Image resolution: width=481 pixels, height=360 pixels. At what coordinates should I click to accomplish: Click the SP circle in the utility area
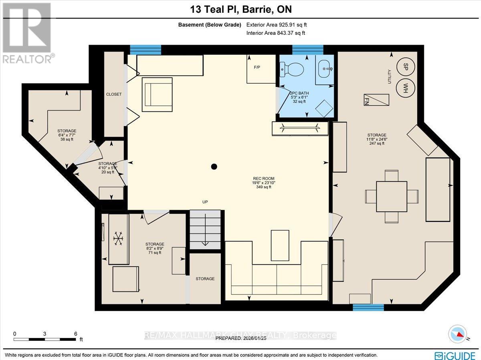[405, 66]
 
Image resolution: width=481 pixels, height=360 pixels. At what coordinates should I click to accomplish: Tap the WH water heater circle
[405, 87]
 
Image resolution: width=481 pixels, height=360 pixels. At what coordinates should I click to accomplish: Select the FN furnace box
[376, 100]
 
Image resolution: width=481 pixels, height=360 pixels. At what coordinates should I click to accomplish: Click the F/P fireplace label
[257, 67]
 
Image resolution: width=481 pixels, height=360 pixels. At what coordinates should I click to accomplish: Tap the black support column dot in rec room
[214, 167]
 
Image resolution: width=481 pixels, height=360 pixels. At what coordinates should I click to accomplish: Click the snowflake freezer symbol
[118, 239]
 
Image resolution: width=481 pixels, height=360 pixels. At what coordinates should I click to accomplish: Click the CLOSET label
[113, 95]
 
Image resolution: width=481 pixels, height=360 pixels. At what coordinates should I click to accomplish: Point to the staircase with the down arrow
[205, 231]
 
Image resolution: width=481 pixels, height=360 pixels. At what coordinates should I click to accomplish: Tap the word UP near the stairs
[205, 202]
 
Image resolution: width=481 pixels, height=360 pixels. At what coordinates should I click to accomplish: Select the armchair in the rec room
[157, 95]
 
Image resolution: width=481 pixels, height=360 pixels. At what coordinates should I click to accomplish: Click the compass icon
[458, 334]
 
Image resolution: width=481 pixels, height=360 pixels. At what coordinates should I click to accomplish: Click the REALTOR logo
[27, 32]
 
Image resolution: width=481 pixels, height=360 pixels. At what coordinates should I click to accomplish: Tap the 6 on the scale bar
[75, 334]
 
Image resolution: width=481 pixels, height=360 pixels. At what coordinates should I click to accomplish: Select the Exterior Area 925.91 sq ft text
[277, 25]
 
